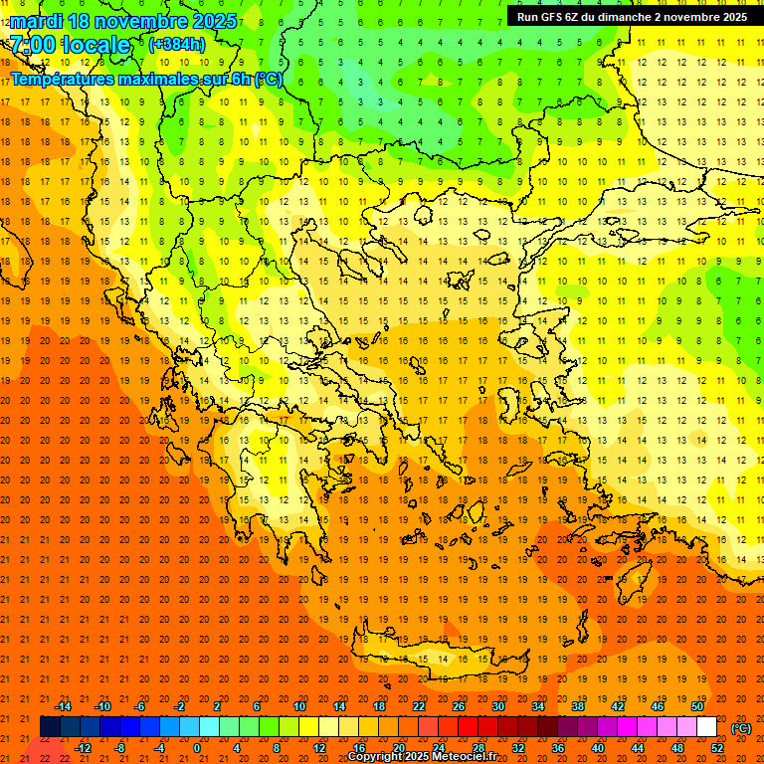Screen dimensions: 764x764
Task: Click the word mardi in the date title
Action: (34, 21)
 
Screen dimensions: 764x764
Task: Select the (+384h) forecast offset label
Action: (176, 45)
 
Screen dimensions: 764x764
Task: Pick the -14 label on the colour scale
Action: (63, 706)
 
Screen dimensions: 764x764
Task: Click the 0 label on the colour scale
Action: (197, 748)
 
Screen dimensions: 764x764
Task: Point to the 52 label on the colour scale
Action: (717, 748)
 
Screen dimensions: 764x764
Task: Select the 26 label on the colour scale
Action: (459, 706)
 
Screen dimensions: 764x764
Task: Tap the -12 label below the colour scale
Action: (83, 748)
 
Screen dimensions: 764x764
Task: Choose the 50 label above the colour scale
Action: (696, 706)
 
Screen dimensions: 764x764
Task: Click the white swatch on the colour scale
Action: (706, 727)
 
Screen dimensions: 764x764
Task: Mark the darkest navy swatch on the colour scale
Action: (50, 727)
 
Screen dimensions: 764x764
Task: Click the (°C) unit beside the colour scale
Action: (741, 728)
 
